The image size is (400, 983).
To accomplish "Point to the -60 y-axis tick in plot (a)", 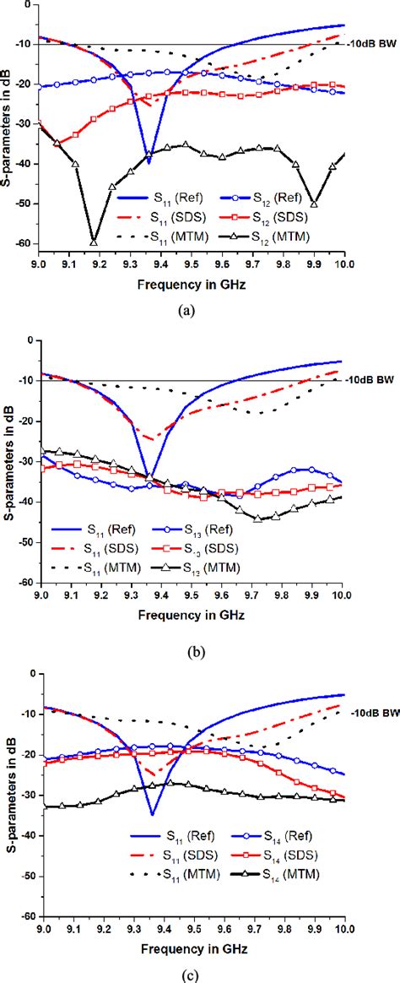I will (x=23, y=243).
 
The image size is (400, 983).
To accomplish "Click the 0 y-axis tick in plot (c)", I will (x=29, y=673).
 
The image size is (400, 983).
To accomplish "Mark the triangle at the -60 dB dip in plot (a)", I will (x=94, y=242).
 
